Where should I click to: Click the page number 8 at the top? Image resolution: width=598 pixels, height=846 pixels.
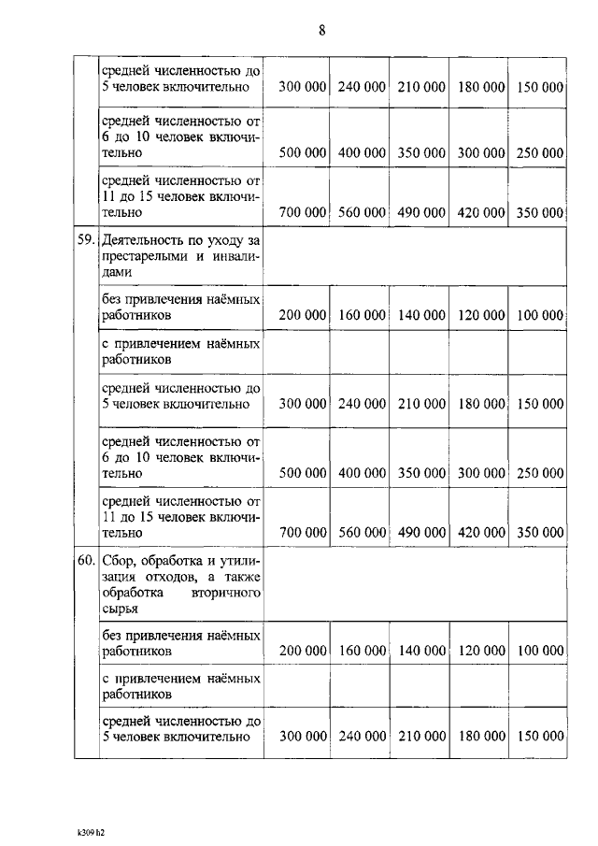pos(321,31)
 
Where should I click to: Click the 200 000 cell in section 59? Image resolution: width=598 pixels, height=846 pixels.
pos(303,316)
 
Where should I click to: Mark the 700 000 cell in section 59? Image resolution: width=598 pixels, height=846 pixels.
pos(303,532)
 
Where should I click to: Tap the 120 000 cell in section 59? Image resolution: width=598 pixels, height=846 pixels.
pos(481,316)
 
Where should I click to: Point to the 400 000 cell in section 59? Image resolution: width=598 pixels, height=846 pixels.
pos(362,473)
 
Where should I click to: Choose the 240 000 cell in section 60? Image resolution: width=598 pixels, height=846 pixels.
pos(362,737)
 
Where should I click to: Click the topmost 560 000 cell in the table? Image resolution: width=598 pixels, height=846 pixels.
pos(362,213)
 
